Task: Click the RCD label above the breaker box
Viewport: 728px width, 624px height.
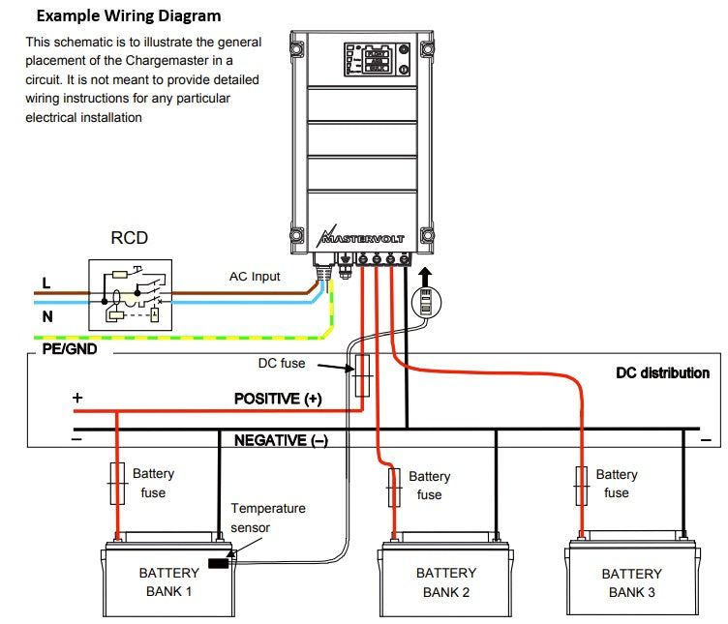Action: (x=129, y=238)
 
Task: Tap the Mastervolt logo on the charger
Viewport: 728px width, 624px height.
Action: (x=361, y=237)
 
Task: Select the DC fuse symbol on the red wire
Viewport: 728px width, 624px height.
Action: (x=362, y=375)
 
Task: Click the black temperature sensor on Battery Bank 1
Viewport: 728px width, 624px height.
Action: (x=218, y=563)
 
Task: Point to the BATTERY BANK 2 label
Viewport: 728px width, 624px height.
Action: (x=446, y=582)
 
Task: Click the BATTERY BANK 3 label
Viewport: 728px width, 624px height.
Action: (x=631, y=583)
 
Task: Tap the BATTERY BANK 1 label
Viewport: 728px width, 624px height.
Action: (x=169, y=582)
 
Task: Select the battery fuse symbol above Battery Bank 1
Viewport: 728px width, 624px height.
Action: (x=117, y=484)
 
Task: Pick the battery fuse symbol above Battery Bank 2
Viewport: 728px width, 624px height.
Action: (x=394, y=488)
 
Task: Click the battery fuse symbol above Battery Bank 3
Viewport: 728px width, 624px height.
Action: (x=581, y=486)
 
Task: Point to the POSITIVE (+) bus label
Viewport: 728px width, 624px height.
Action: (x=278, y=399)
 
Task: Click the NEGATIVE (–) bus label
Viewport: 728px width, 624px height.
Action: (x=281, y=440)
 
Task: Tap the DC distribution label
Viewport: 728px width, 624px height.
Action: (x=662, y=373)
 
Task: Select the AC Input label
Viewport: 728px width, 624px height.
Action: (x=255, y=277)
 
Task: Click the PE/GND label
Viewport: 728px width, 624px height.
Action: (x=70, y=349)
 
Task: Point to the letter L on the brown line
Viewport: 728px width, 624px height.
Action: (x=46, y=283)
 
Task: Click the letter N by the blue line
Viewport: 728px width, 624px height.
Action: (x=47, y=317)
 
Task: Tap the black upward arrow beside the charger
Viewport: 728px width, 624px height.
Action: (x=425, y=277)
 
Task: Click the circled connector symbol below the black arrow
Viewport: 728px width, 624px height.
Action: (x=426, y=302)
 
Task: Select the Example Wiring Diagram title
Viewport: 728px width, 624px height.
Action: (x=129, y=15)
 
